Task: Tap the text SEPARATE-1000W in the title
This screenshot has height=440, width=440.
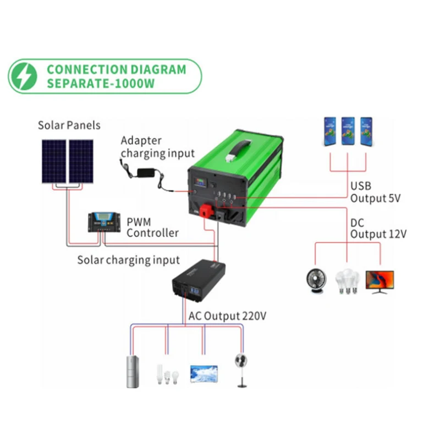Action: click(x=101, y=84)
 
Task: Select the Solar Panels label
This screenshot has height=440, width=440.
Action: click(x=69, y=125)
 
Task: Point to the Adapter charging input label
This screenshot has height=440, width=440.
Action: click(x=157, y=146)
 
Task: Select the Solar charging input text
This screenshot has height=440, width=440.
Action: click(x=128, y=259)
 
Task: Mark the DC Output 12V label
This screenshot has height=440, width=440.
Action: click(x=378, y=228)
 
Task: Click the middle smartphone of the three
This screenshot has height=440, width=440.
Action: click(x=348, y=131)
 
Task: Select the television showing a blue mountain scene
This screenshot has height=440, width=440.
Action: click(x=204, y=373)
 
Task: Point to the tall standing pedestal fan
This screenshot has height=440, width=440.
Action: click(x=240, y=369)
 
